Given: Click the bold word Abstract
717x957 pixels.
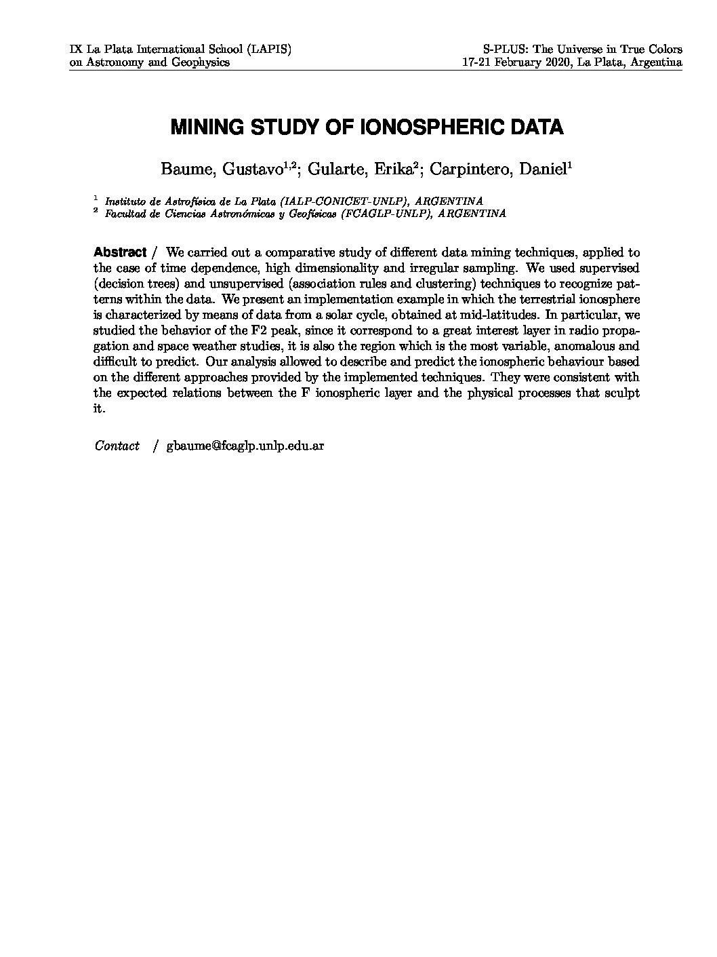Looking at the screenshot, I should [x=120, y=252].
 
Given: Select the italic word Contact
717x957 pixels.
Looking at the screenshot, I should [x=117, y=446].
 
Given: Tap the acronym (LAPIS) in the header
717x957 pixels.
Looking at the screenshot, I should [x=269, y=50].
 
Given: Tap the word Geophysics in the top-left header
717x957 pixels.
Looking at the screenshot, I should [x=201, y=62].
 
